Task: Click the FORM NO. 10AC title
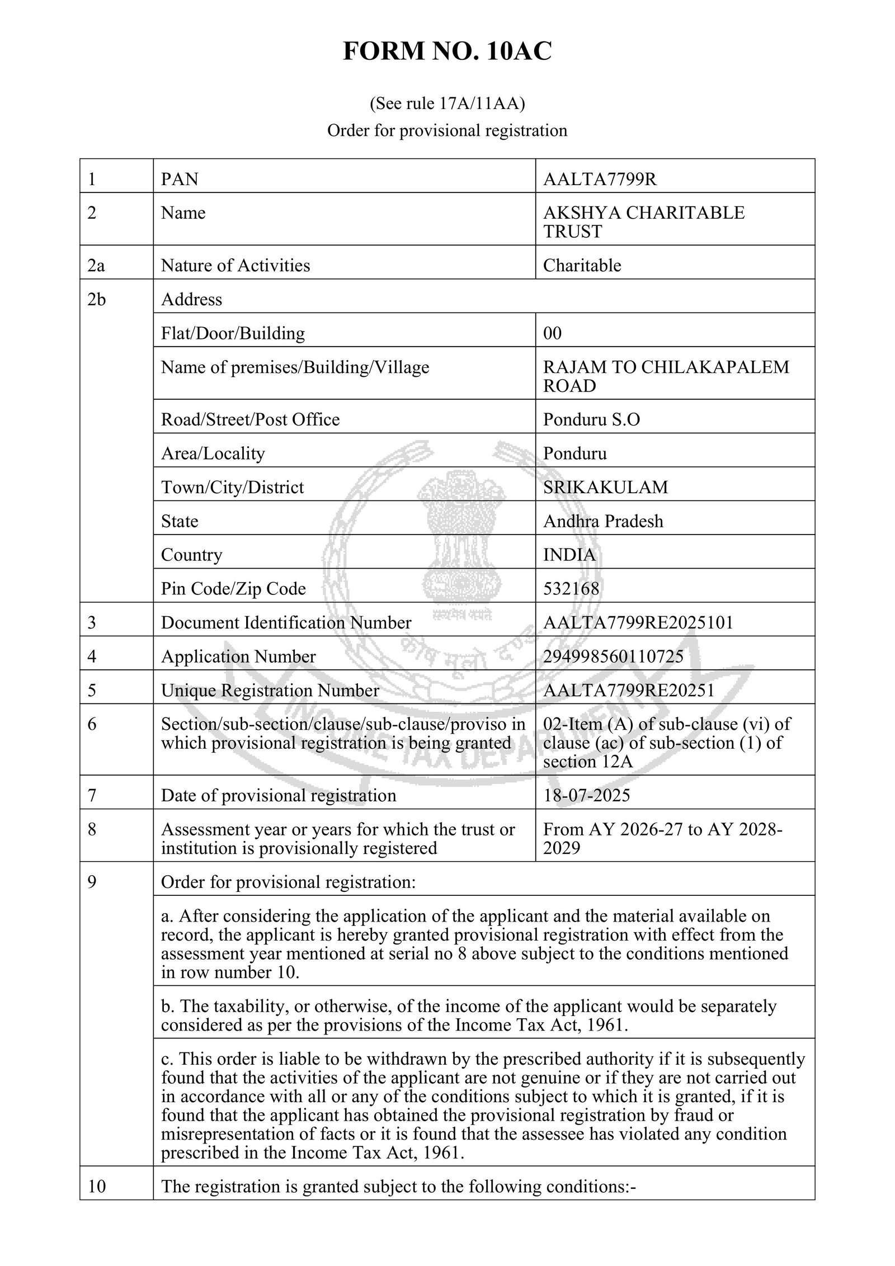point(447,52)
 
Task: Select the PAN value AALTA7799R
point(600,179)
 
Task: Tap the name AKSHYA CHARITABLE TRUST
point(643,221)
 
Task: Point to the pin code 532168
point(571,588)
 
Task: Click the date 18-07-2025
point(586,795)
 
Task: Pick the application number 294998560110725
point(613,656)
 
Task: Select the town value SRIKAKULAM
point(605,487)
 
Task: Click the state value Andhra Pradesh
point(603,521)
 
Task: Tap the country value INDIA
point(569,555)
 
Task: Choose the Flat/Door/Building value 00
point(552,333)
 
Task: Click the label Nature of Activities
point(235,265)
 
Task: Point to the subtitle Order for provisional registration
point(447,130)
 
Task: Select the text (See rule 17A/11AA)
point(447,103)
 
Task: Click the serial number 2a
point(96,265)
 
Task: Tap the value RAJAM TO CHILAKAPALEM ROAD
point(666,376)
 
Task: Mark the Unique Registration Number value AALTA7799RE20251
point(629,691)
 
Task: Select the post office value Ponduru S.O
point(591,419)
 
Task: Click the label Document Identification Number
point(286,622)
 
